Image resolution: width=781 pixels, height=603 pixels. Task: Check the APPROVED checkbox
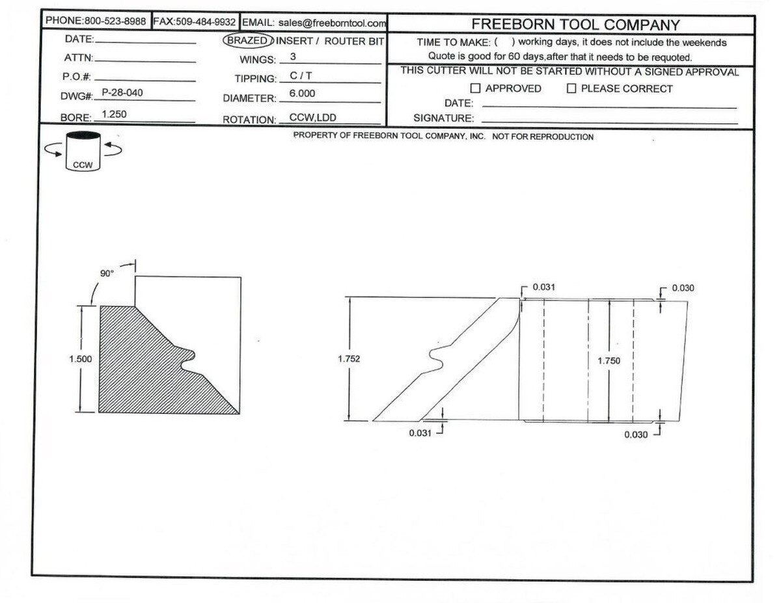pos(475,88)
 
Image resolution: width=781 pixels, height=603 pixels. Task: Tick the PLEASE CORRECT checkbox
pos(571,88)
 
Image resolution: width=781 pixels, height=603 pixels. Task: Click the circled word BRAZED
pos(247,40)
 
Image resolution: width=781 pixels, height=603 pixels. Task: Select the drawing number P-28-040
pos(122,92)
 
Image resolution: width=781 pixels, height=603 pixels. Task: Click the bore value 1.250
pos(114,114)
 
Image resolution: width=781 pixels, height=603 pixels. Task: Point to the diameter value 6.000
pos(302,94)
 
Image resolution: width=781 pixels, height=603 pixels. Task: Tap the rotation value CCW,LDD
pos(312,118)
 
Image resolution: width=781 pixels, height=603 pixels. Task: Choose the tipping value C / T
pos(301,75)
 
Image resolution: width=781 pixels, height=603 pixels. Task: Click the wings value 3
pos(293,57)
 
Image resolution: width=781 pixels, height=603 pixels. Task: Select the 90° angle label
pos(107,273)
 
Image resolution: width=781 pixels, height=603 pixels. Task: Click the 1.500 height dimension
pos(81,359)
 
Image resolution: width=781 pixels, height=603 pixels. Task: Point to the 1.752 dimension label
pos(349,359)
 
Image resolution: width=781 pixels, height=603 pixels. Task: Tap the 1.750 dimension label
pos(609,360)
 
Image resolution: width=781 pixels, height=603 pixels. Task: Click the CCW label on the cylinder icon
pos(83,165)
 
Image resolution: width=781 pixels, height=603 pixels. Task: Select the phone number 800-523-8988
pos(115,21)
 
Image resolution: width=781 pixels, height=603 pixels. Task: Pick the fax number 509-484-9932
pos(206,22)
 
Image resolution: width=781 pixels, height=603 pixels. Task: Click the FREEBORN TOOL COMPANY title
pos(575,25)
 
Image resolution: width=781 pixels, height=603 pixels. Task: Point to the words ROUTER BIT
pos(354,41)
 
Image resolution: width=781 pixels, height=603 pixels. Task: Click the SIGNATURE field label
pos(443,118)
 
